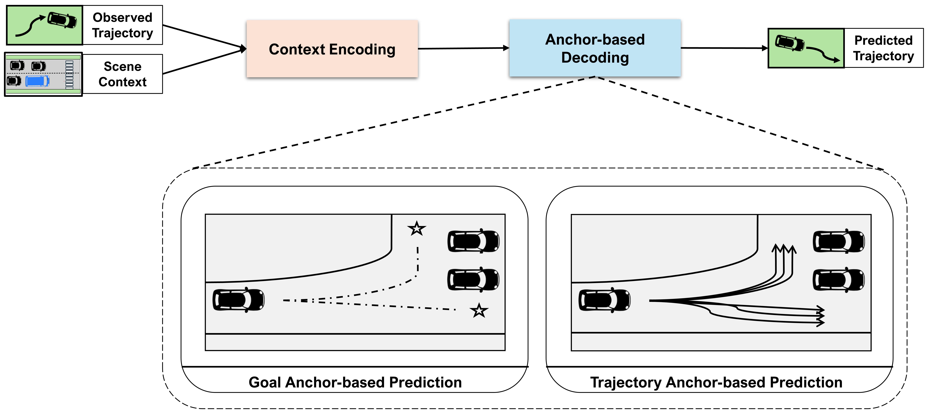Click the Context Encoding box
click(332, 49)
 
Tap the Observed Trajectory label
click(123, 25)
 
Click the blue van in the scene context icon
click(38, 81)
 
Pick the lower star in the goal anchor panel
click(479, 310)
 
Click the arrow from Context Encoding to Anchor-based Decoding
click(463, 48)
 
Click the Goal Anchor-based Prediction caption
click(355, 382)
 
